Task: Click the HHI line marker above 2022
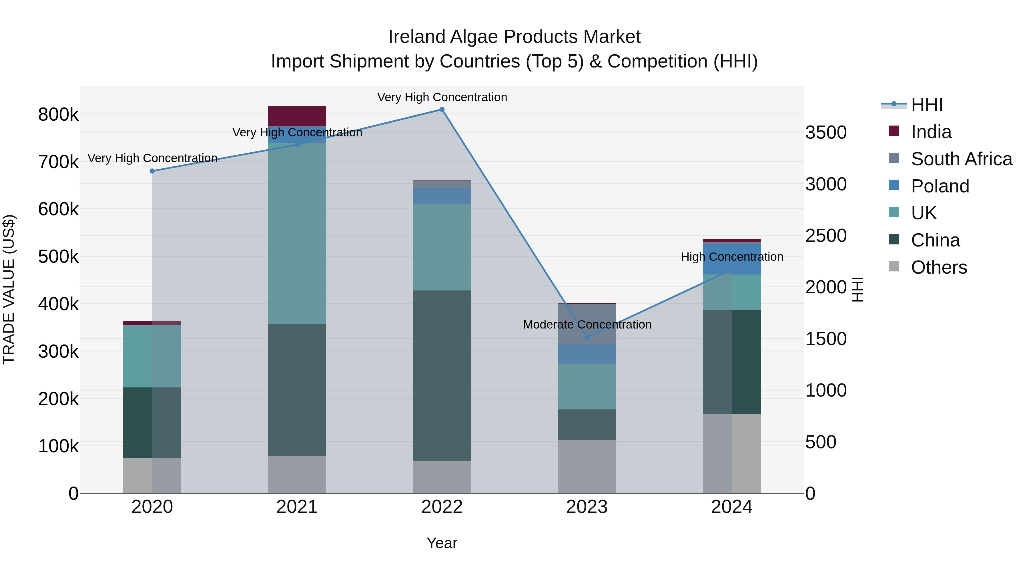442,110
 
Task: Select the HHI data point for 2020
152,171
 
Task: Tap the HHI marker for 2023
587,337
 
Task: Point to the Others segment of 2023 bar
587,466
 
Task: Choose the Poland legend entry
940,186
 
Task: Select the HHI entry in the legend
926,105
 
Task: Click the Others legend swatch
894,266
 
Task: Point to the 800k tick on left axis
58,115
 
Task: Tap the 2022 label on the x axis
442,507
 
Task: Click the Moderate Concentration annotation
587,325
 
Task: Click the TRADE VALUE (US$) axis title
9,289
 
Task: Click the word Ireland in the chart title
417,37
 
